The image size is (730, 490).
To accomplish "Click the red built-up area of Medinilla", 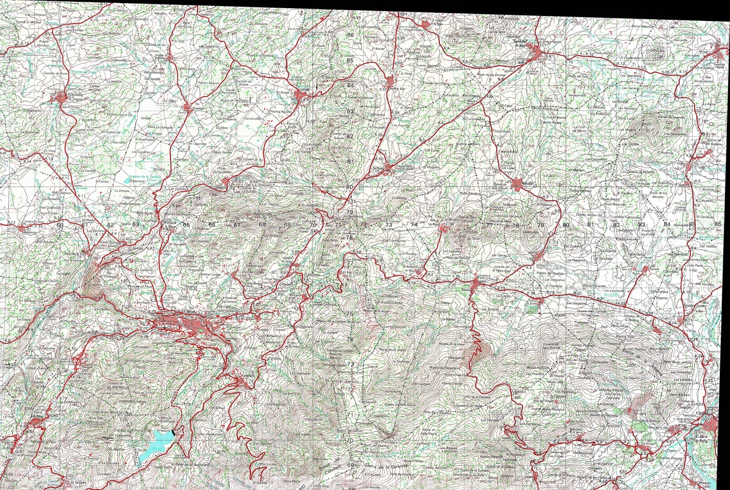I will (x=516, y=184).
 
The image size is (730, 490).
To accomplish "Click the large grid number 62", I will (x=110, y=225).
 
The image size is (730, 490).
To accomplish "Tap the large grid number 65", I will (x=186, y=225).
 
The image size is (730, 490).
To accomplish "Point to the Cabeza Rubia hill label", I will (x=508, y=151).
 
